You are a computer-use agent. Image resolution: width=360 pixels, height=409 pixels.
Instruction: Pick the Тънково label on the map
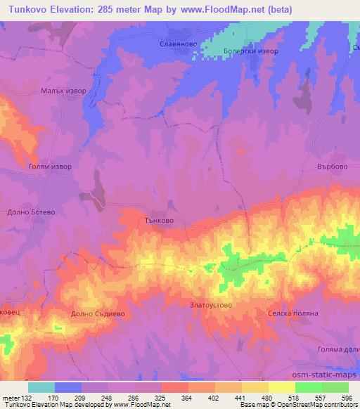pos(160,220)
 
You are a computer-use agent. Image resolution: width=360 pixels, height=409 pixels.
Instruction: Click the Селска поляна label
pos(293,313)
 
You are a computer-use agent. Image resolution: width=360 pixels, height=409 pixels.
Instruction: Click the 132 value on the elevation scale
pos(19,398)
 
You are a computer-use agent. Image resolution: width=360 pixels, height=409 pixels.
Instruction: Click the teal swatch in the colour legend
pos(41,387)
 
